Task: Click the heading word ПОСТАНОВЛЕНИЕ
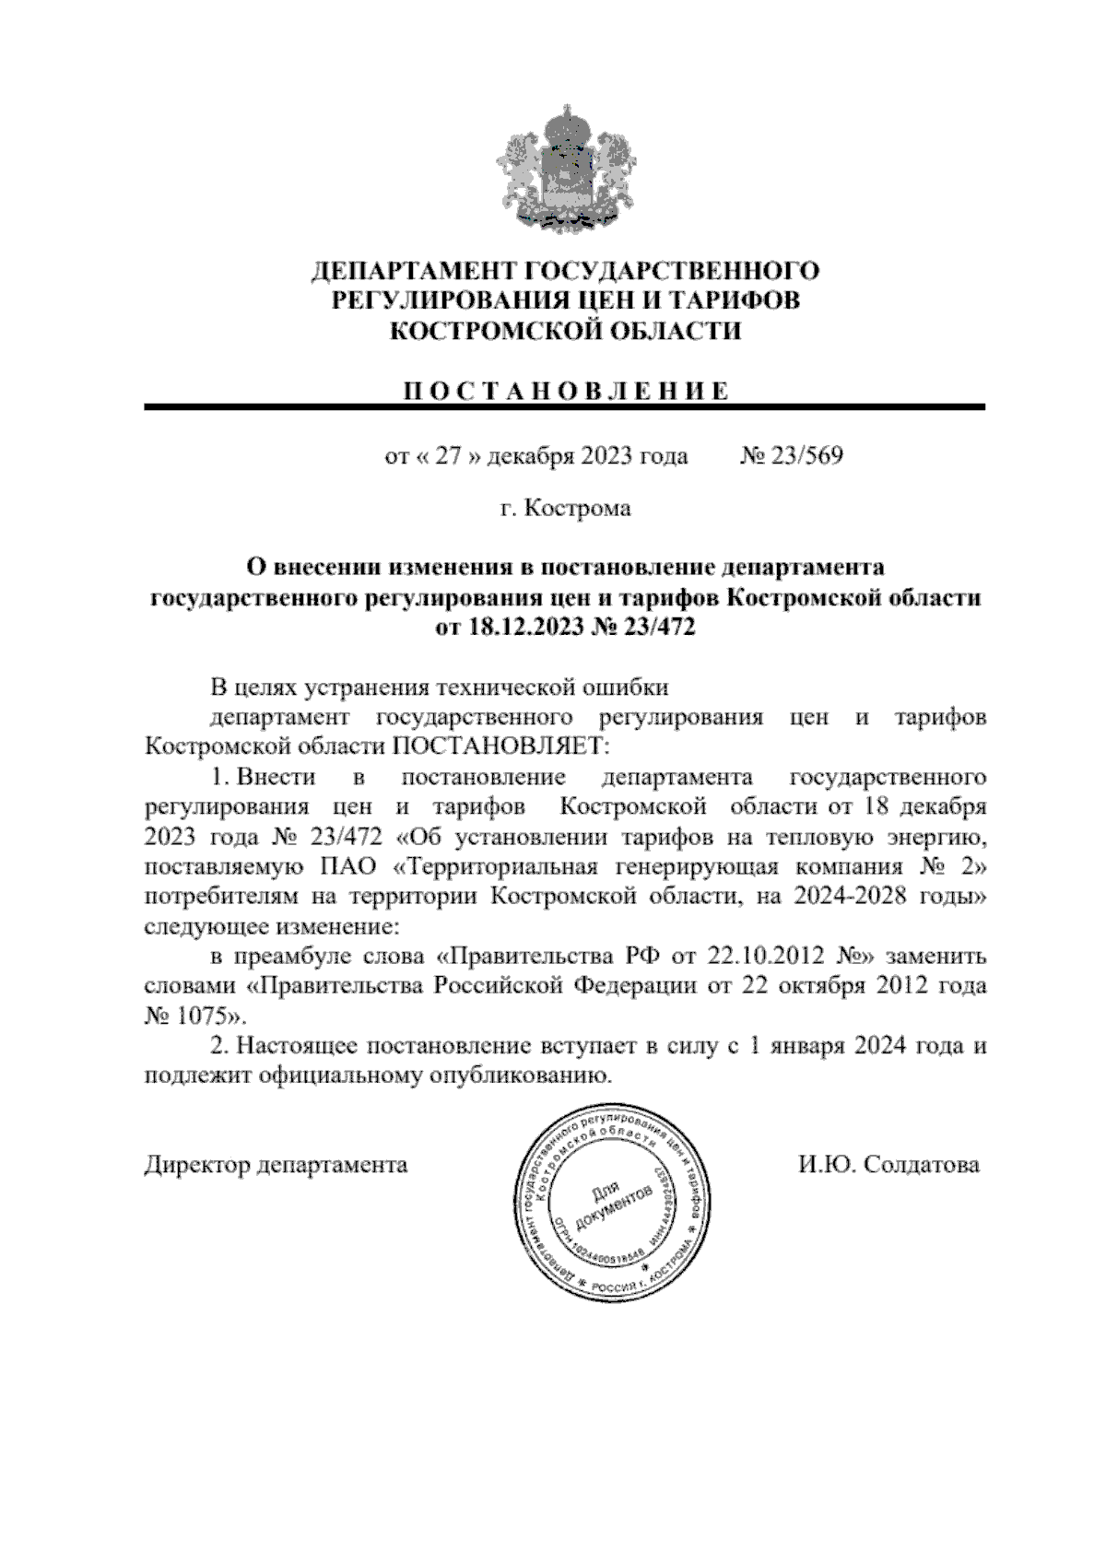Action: click(x=565, y=391)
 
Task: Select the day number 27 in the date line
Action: click(x=447, y=456)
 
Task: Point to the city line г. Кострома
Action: click(x=565, y=508)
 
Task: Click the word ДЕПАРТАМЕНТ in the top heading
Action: click(x=414, y=271)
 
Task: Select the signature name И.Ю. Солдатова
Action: click(x=888, y=1165)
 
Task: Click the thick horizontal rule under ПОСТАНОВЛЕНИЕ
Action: click(x=565, y=406)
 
